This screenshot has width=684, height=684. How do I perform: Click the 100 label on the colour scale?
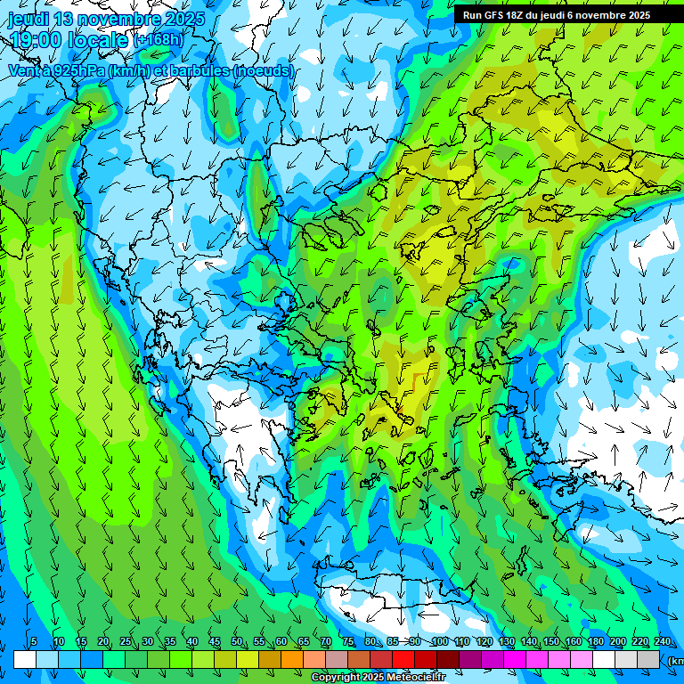(x=440, y=642)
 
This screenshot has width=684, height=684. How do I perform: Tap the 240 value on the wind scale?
(x=663, y=642)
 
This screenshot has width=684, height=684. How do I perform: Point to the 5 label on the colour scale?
(x=34, y=642)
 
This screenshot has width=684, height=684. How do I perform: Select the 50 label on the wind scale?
(x=237, y=642)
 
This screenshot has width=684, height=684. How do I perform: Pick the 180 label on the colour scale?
(x=595, y=642)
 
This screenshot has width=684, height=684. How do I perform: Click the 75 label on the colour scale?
(x=348, y=642)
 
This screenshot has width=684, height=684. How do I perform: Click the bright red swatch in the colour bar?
(x=403, y=659)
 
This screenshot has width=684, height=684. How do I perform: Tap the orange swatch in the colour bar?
(x=292, y=659)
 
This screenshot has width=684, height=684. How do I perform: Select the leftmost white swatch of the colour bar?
(x=25, y=659)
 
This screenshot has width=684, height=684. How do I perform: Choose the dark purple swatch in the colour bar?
(x=470, y=659)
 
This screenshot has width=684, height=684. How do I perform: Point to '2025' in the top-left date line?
(x=184, y=19)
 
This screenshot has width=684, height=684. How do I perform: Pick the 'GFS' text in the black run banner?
(x=495, y=15)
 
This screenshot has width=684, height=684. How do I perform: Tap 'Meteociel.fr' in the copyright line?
(x=416, y=678)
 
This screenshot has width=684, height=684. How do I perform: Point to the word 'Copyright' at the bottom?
(x=336, y=678)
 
